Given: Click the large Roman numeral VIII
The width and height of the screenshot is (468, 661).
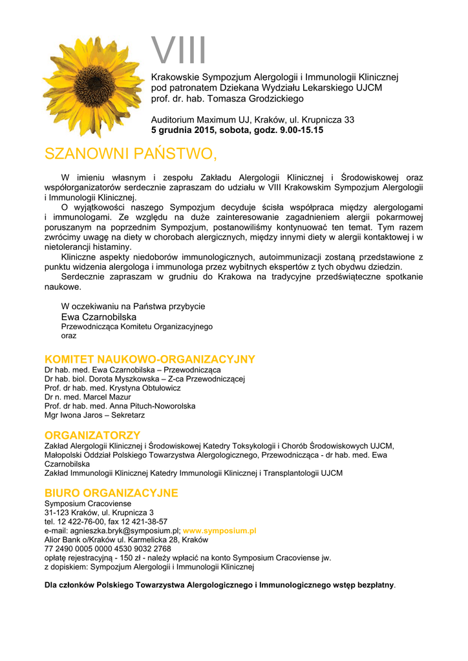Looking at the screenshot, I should click(x=179, y=50).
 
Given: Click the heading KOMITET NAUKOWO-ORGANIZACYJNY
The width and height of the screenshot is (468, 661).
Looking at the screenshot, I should click(x=149, y=359).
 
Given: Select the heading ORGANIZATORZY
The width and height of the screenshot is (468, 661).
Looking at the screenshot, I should click(x=92, y=435).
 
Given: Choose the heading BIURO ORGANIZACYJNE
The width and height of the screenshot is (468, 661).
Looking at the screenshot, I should click(x=111, y=493).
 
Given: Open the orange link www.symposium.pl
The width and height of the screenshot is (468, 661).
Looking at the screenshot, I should click(x=220, y=531).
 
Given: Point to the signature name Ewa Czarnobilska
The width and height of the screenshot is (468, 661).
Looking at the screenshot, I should click(x=99, y=317).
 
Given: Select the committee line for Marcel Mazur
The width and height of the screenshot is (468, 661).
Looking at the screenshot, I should click(x=87, y=397).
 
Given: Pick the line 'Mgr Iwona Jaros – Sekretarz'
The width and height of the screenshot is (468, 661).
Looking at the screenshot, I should click(x=94, y=415).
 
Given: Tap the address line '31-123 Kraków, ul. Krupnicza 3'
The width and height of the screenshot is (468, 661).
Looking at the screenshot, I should click(x=99, y=513).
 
